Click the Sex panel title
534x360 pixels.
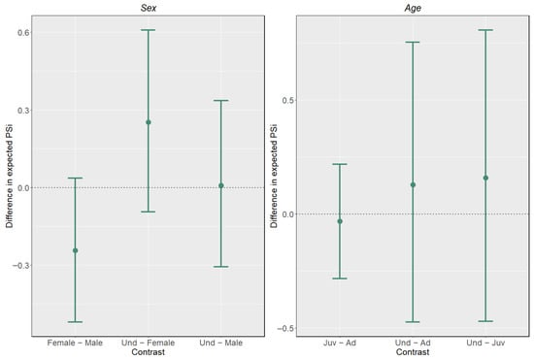click(x=149, y=8)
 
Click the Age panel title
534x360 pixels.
click(x=413, y=8)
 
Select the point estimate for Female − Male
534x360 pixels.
click(x=76, y=250)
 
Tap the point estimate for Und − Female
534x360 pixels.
click(x=149, y=122)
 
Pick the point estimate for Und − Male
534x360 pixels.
click(x=221, y=185)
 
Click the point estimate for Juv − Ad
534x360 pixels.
click(x=340, y=221)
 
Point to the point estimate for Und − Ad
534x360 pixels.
click(x=413, y=184)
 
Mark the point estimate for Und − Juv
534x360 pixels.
click(x=485, y=178)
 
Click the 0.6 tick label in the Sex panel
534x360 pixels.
click(x=23, y=32)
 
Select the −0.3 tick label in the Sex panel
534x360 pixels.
click(x=20, y=266)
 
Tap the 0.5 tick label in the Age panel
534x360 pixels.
click(x=288, y=100)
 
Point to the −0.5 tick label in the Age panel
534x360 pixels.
click(x=285, y=328)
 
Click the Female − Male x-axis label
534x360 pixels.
click(x=75, y=343)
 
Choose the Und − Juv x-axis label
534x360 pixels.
click(x=485, y=343)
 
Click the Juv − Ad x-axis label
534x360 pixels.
click(x=340, y=343)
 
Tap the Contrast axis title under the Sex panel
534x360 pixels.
click(x=149, y=352)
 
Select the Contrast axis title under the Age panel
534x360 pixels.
click(x=413, y=352)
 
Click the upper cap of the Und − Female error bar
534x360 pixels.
click(x=149, y=30)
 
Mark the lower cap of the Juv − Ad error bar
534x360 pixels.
click(x=340, y=278)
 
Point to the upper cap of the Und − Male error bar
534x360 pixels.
click(x=221, y=101)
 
